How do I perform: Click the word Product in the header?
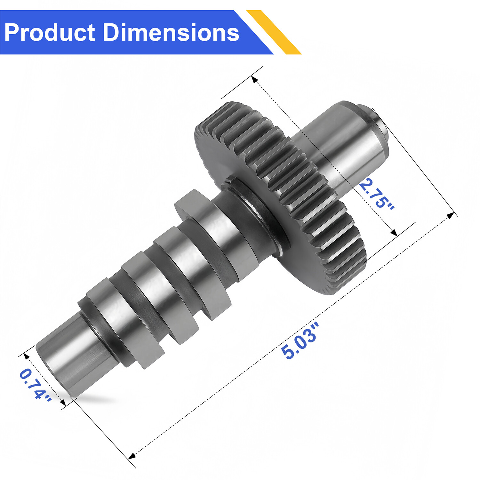pyautogui.click(x=50, y=33)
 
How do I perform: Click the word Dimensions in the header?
pyautogui.click(x=171, y=33)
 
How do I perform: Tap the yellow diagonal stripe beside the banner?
pyautogui.click(x=274, y=32)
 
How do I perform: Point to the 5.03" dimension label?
pyautogui.click(x=300, y=341)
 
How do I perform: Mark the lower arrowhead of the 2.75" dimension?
pyautogui.click(x=394, y=233)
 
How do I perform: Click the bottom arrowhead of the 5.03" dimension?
pyautogui.click(x=132, y=456)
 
